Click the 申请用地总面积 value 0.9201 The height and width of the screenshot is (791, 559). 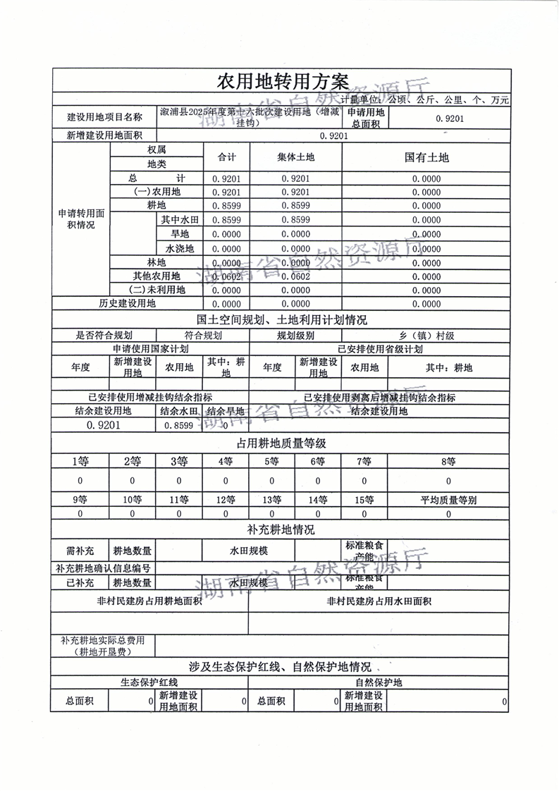click(x=450, y=118)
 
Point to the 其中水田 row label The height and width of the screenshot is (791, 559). click(x=179, y=220)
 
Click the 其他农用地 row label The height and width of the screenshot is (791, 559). click(x=156, y=276)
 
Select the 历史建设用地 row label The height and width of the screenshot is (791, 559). click(x=127, y=304)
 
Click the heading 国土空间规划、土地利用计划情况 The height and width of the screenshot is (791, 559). click(x=282, y=319)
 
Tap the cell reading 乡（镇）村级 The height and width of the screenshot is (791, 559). click(x=426, y=336)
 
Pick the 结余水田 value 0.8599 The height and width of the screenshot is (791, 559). click(x=178, y=426)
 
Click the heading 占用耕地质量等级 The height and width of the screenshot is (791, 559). click(x=282, y=443)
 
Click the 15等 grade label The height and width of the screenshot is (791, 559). click(x=364, y=501)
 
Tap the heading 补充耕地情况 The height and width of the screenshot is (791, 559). click(x=282, y=529)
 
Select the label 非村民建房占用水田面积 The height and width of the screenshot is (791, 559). click(x=379, y=601)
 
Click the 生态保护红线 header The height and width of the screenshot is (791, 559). click(x=149, y=682)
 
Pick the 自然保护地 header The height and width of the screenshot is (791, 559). click(x=379, y=682)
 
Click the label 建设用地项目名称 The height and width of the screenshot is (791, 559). click(x=104, y=117)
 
